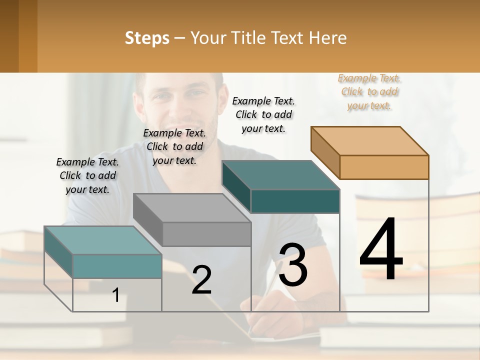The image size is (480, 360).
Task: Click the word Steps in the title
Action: click(x=147, y=38)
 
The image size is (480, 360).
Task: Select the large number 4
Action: click(x=381, y=249)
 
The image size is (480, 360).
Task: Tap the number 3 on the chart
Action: click(x=293, y=264)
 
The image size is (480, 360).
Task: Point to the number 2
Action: click(x=202, y=280)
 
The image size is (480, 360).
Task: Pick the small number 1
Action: click(x=116, y=295)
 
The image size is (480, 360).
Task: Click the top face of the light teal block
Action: click(x=103, y=240)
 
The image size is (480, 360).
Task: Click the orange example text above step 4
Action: click(x=369, y=91)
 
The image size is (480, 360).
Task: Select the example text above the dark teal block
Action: click(x=263, y=114)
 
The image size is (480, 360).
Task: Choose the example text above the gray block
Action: click(x=174, y=146)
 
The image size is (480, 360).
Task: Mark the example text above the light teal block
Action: click(x=87, y=175)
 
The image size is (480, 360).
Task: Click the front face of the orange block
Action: click(x=384, y=167)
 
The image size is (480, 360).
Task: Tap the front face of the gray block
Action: click(x=206, y=234)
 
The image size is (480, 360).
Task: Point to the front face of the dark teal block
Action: click(x=295, y=201)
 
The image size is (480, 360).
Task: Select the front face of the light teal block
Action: click(x=117, y=266)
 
